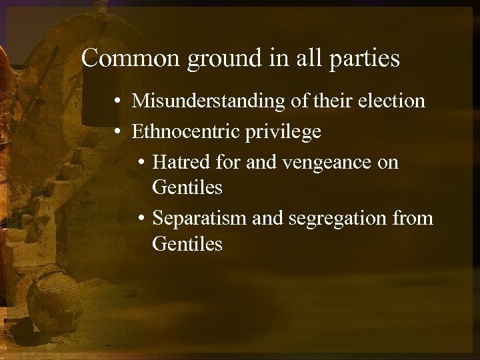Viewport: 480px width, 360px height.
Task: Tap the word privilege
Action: pyautogui.click(x=283, y=132)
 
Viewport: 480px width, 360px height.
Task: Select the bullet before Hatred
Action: pyautogui.click(x=143, y=163)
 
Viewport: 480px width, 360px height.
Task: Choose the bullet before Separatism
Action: pyautogui.click(x=143, y=218)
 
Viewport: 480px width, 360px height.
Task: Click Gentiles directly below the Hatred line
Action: pyautogui.click(x=187, y=188)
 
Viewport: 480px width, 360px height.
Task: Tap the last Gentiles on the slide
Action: pyautogui.click(x=187, y=244)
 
